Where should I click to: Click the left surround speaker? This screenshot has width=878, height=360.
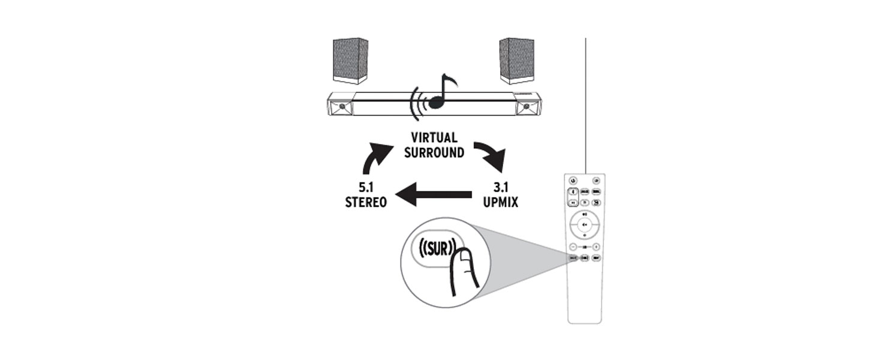pos(350,61)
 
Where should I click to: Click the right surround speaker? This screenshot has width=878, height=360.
pos(516,61)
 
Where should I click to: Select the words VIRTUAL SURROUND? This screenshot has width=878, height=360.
pos(434,145)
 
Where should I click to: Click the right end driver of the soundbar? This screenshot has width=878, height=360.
pos(527,106)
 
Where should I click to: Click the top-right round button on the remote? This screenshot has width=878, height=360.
pos(597,181)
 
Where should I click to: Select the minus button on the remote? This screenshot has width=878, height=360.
pos(574,247)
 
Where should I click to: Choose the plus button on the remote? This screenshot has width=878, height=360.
pos(597,247)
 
